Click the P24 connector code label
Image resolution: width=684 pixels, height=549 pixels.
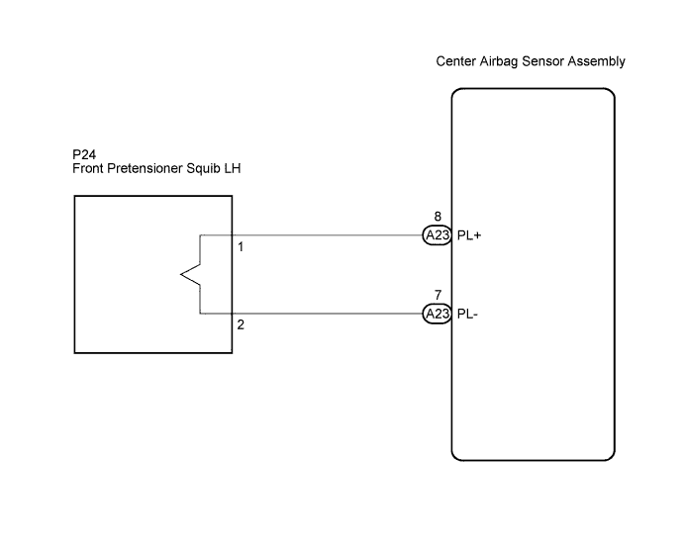point(84,154)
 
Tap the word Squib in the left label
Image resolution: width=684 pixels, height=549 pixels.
point(203,168)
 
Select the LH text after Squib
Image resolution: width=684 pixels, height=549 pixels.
point(233,168)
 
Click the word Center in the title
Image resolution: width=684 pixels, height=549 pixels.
point(456,61)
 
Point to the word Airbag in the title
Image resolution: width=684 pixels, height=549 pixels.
point(499,62)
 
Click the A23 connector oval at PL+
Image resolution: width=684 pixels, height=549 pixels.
point(438,235)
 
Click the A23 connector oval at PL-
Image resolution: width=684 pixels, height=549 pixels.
point(438,314)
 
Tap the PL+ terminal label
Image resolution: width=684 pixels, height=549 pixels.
point(469,235)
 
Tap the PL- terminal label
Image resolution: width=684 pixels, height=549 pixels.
point(467,314)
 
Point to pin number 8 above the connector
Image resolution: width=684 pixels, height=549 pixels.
point(438,217)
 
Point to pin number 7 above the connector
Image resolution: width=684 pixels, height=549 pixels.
point(438,295)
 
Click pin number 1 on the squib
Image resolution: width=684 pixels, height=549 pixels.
point(241,247)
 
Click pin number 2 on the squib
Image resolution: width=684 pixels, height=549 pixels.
point(241,324)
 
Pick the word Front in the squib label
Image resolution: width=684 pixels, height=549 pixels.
point(88,168)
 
